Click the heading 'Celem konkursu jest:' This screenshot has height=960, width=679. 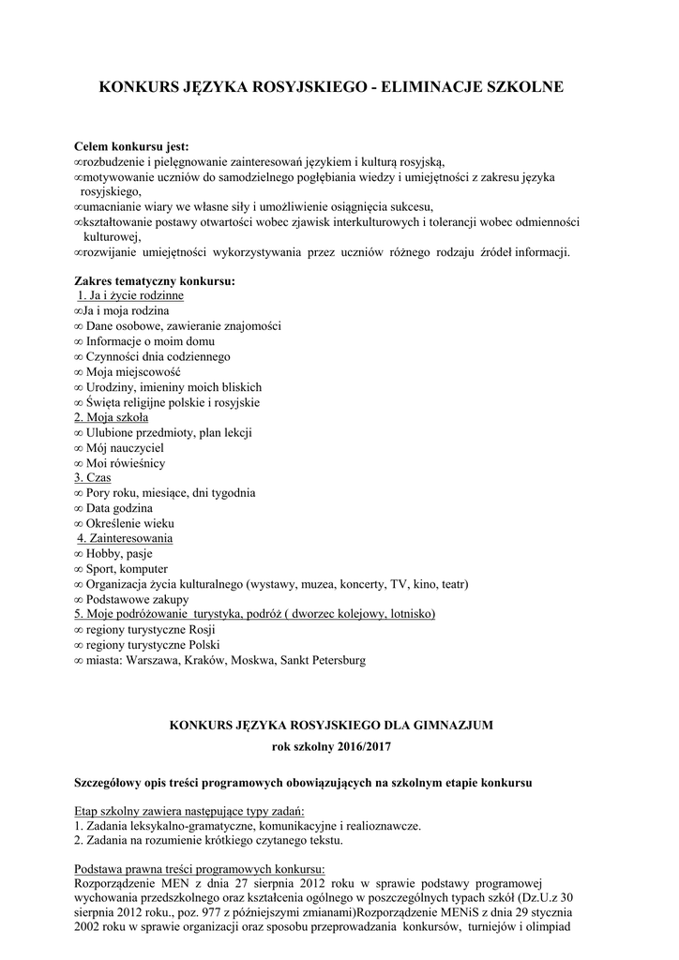(131, 146)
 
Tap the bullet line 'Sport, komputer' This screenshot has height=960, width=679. (127, 569)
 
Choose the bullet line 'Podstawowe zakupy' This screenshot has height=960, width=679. (137, 599)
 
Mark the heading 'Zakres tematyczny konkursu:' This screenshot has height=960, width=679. (155, 280)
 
